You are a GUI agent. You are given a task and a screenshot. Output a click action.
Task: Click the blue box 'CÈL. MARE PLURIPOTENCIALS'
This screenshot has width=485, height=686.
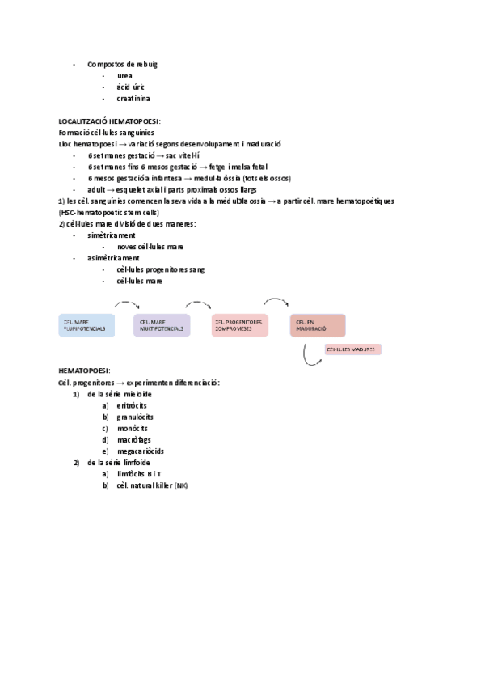(x=86, y=325)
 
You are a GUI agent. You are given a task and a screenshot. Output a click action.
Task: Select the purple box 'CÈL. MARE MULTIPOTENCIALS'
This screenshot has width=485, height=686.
(x=162, y=325)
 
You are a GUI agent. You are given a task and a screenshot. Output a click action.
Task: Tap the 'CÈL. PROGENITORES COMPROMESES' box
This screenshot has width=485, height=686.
(x=240, y=325)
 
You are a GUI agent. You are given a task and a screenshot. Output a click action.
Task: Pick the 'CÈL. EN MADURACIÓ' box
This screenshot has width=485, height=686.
(x=318, y=325)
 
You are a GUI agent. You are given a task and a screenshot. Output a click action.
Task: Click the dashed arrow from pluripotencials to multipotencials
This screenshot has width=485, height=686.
(x=127, y=304)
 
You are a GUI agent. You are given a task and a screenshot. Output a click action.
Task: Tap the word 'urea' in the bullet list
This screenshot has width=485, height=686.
(x=124, y=75)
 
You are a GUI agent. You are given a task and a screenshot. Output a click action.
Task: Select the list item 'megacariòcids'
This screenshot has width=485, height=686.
(x=141, y=451)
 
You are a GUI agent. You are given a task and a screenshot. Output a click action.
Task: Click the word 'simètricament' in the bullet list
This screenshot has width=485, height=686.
(x=112, y=235)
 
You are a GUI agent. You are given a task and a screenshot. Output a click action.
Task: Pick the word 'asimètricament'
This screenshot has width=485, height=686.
(x=113, y=258)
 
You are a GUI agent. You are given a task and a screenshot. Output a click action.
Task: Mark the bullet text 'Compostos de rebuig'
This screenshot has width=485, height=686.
(x=122, y=64)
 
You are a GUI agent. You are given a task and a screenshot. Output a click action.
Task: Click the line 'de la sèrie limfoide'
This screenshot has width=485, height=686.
(x=119, y=462)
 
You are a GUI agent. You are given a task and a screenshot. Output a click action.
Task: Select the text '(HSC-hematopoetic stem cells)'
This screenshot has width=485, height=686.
(x=114, y=213)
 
